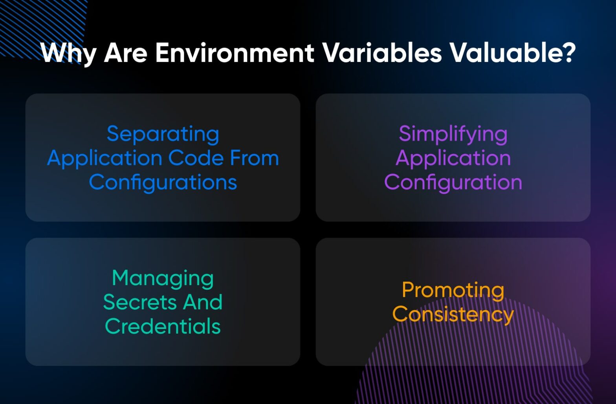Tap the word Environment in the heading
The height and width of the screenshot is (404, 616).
235,53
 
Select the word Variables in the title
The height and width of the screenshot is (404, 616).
382,53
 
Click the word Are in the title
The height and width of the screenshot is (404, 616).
126,53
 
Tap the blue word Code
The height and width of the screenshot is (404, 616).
196,158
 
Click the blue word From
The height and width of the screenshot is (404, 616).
254,158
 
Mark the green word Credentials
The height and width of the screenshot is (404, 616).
163,327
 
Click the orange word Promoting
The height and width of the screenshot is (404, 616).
453,291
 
